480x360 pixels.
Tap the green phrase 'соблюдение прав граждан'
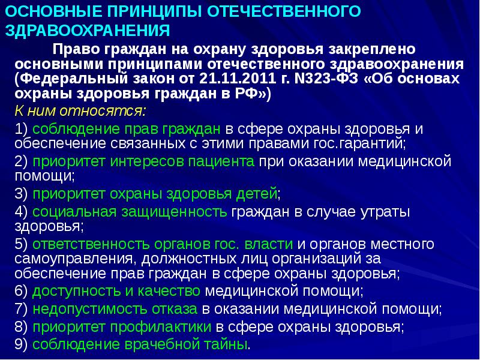click(128, 129)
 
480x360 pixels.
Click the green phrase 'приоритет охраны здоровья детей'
click(155, 194)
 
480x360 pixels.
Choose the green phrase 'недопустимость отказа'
click(115, 310)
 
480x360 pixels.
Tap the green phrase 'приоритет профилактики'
click(122, 328)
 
